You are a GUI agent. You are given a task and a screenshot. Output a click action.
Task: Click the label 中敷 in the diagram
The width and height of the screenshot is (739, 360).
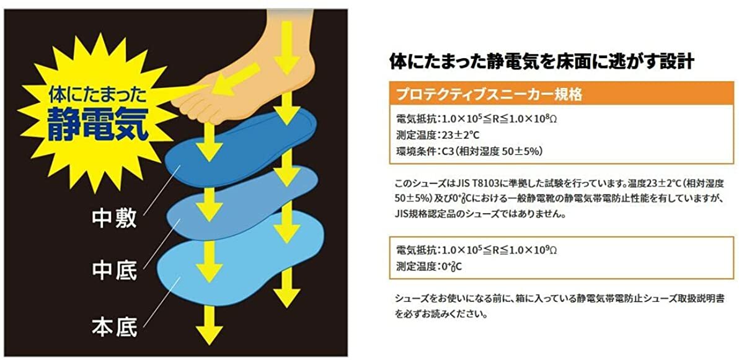[115, 219]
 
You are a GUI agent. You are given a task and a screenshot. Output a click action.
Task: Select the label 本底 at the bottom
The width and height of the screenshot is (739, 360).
[115, 326]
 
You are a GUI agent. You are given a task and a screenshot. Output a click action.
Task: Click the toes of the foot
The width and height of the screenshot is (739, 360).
[186, 99]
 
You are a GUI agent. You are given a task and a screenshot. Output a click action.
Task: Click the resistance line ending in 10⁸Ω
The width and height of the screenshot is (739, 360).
[472, 118]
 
